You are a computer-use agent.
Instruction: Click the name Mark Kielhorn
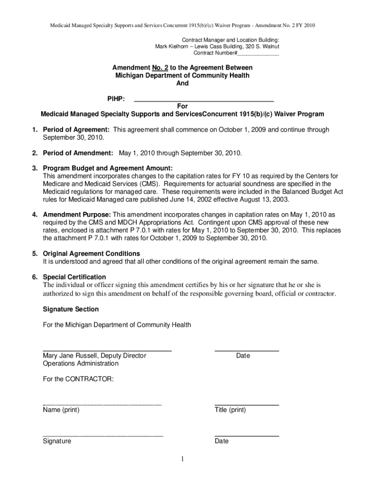click(x=171, y=47)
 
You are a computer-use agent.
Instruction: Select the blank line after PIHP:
click(x=204, y=101)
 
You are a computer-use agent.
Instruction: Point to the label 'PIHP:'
click(x=117, y=99)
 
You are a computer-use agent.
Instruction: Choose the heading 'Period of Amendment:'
click(x=78, y=153)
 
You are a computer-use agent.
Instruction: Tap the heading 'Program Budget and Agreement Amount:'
click(x=108, y=168)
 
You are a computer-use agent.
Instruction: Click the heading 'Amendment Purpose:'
click(x=77, y=214)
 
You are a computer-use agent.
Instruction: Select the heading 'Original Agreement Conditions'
click(x=91, y=253)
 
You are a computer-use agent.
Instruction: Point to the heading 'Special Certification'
click(x=74, y=277)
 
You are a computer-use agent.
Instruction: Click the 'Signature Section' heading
click(x=71, y=309)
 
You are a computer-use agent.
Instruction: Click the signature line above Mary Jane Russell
click(x=107, y=350)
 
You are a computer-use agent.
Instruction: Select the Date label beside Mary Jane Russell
click(x=243, y=356)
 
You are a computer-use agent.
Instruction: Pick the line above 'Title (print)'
click(x=246, y=405)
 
